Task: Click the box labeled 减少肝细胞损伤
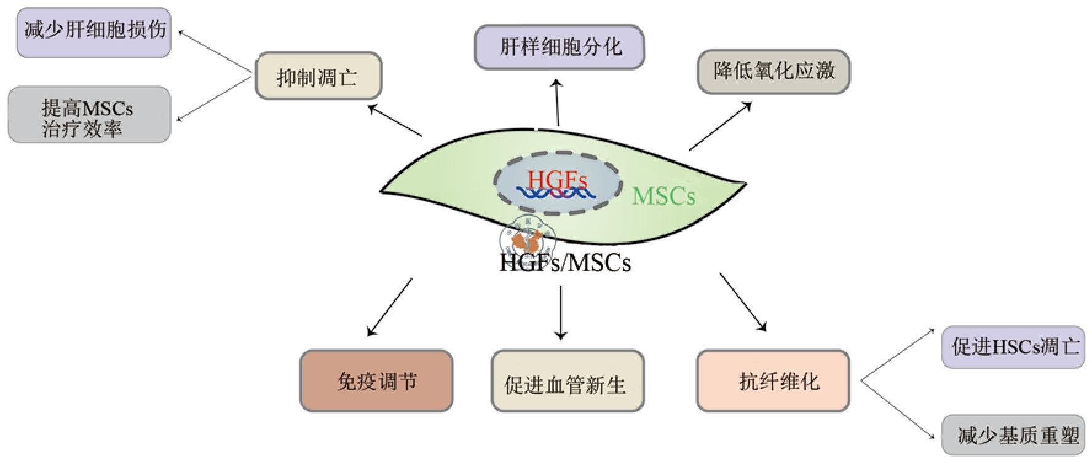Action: [x=94, y=32]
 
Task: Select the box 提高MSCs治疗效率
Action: [x=89, y=115]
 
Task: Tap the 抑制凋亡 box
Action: [x=318, y=76]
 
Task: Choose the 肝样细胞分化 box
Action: [x=560, y=47]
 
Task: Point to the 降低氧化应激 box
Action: [x=774, y=71]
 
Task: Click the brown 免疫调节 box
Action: [x=376, y=381]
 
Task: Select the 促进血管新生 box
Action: [x=567, y=382]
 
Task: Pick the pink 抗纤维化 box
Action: [x=773, y=381]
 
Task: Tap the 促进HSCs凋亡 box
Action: [x=1013, y=347]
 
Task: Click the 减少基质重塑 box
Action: [x=1013, y=435]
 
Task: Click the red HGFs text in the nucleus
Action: [x=557, y=180]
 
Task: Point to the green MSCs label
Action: [x=664, y=197]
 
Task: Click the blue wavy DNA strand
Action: [x=555, y=194]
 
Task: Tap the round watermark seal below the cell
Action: [x=528, y=238]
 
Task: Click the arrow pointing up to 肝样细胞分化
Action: [x=557, y=103]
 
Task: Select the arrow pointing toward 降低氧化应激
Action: [x=720, y=126]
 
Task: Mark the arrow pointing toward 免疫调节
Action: [x=390, y=307]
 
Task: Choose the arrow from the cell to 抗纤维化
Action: [x=743, y=302]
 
